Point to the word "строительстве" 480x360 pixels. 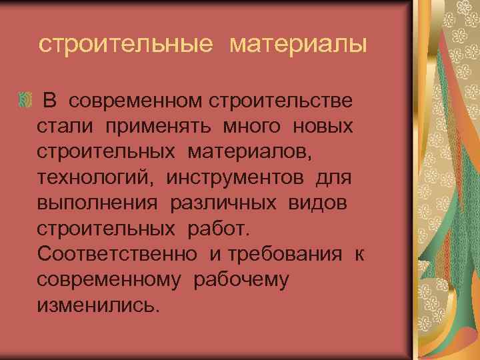click(282, 101)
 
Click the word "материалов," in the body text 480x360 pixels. click(249, 152)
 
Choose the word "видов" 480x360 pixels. click(318, 203)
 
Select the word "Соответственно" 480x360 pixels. click(117, 254)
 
